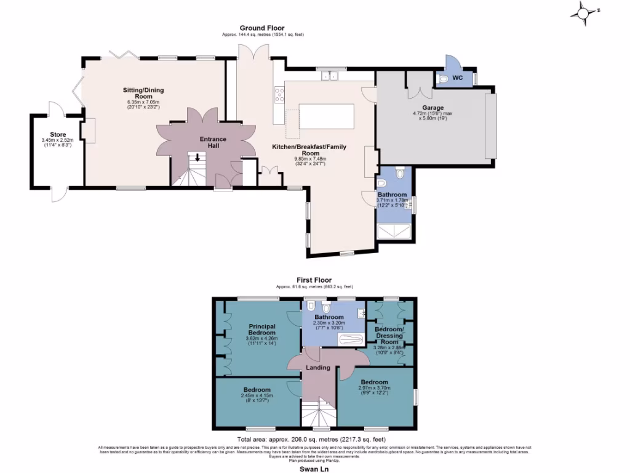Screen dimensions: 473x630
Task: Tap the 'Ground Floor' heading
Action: (262, 28)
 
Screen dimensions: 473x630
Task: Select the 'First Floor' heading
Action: (314, 279)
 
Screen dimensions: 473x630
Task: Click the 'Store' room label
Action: (58, 135)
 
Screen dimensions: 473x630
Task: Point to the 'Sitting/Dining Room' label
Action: (143, 93)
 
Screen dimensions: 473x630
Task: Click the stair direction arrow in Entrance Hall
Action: (197, 158)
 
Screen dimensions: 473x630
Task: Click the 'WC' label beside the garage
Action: (458, 78)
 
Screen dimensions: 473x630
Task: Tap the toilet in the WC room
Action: (444, 79)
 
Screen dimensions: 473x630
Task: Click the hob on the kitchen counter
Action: (279, 94)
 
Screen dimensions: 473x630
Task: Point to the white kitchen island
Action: (327, 117)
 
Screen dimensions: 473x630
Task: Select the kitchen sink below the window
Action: (331, 76)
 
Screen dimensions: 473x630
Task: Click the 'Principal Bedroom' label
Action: (261, 329)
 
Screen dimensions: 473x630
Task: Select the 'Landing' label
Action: (319, 368)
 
